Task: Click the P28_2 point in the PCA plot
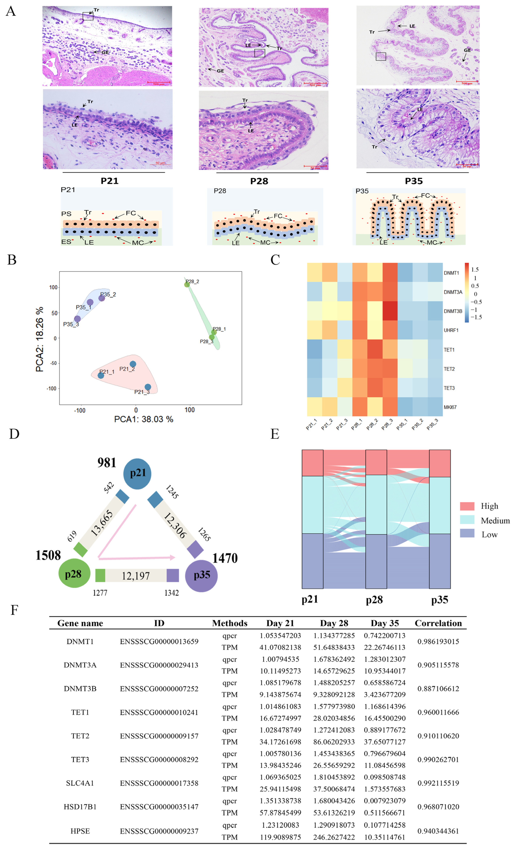tap(187, 284)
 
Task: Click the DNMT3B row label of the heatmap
tap(453, 311)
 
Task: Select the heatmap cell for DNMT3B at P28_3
tap(390, 311)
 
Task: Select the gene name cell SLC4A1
tap(80, 783)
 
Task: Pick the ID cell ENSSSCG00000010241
tap(159, 712)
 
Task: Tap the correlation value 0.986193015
tap(438, 642)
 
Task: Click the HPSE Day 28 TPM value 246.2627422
tap(334, 837)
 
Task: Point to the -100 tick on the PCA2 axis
tap(51, 388)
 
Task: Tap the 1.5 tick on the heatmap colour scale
tap(475, 269)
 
